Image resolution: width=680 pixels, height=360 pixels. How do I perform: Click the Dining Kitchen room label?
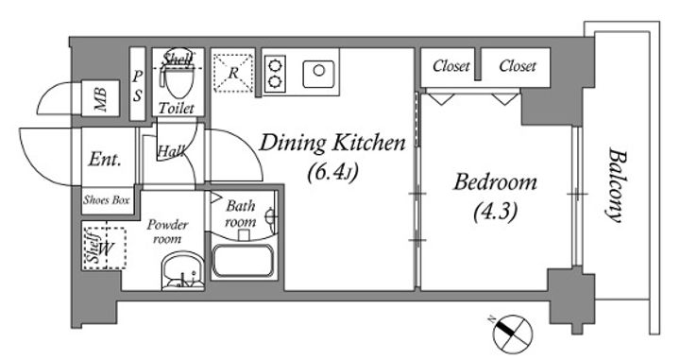332,143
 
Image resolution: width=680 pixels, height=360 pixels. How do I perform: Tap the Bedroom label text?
495,182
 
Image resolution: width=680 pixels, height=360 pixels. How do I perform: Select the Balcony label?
617,185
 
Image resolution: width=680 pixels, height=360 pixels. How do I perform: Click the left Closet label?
451,66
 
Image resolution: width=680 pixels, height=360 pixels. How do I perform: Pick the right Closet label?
518,66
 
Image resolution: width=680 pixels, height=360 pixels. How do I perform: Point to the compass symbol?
512,334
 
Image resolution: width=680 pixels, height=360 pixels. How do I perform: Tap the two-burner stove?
275,74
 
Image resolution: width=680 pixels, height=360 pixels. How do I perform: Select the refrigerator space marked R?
233,73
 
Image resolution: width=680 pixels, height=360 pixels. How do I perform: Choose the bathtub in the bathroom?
243,261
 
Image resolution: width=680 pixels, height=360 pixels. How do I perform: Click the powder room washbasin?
182,271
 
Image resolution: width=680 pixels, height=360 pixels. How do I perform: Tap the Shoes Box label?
107,200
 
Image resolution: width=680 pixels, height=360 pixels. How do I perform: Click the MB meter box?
100,98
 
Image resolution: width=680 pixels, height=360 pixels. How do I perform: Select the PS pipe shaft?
138,84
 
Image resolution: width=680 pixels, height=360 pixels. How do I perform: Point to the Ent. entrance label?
105,159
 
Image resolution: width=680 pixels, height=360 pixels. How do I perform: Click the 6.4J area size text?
332,173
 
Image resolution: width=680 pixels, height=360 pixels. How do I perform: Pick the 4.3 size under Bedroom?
495,213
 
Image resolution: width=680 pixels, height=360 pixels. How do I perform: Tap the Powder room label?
167,231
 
